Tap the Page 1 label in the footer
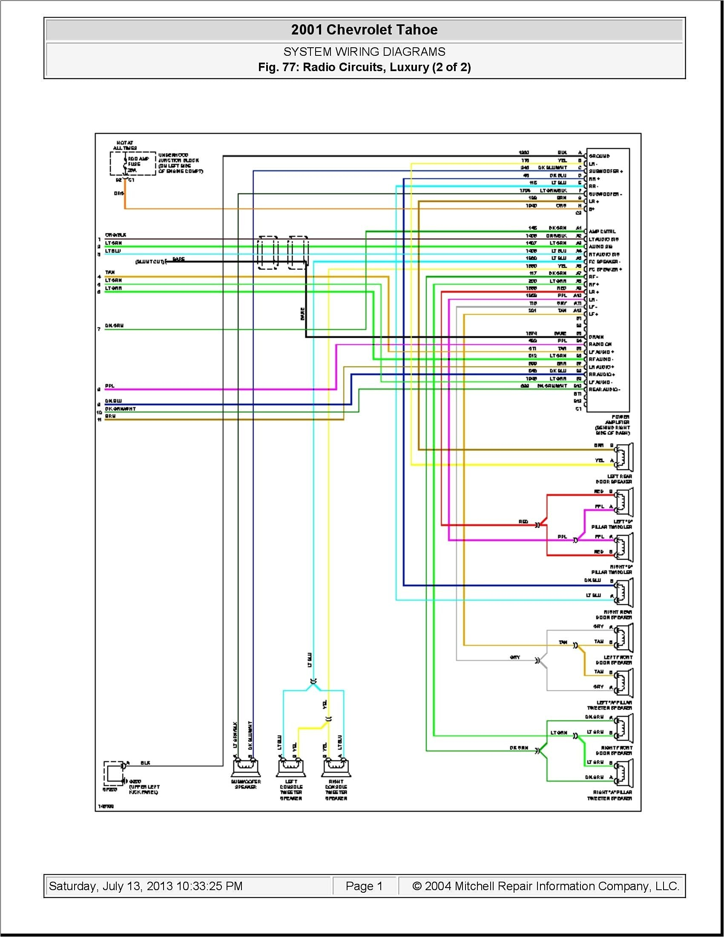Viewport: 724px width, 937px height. point(364,886)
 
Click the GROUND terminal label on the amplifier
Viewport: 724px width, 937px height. point(599,156)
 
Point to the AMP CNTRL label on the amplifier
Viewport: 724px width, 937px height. point(602,232)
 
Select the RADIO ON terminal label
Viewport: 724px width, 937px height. point(600,344)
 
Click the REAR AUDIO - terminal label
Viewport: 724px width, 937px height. point(604,390)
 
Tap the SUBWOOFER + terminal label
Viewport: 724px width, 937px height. point(606,171)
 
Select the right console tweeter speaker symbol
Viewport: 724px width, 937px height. point(336,768)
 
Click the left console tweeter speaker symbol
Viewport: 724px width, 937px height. point(291,768)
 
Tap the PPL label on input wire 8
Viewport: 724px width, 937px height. point(109,386)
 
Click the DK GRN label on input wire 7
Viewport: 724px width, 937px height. point(114,326)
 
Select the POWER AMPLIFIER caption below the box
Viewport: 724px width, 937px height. point(612,425)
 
